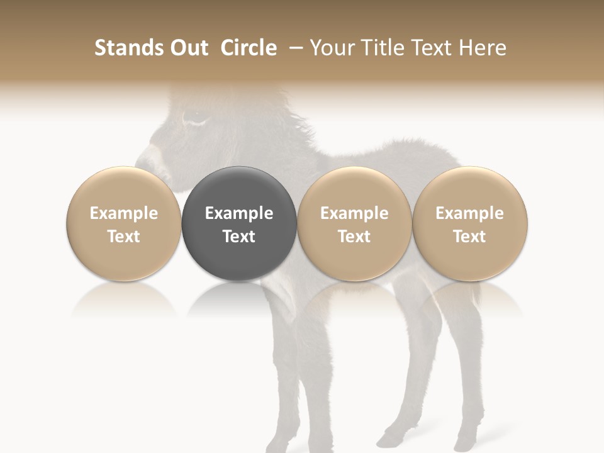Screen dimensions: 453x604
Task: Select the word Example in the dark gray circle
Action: pos(238,213)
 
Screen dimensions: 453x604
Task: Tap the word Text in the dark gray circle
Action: pos(238,237)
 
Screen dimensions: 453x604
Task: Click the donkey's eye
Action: pos(193,117)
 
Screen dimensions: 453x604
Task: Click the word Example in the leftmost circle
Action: pos(123,213)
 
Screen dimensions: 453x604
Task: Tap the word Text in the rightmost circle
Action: pos(469,237)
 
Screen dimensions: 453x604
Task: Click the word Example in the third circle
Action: pos(354,213)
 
